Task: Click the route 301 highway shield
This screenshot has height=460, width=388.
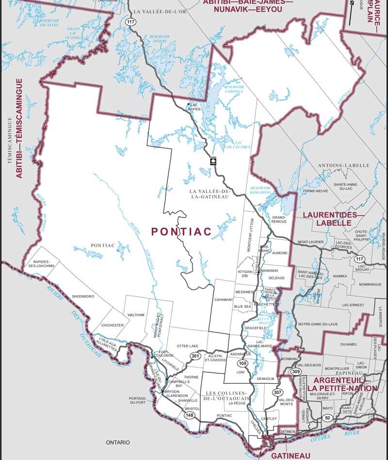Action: click(195, 357)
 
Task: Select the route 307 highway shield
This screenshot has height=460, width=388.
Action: click(277, 392)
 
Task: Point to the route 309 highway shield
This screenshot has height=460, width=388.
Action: click(296, 371)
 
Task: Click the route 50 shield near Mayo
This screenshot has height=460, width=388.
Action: click(327, 418)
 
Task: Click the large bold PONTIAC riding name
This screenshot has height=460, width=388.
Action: click(181, 232)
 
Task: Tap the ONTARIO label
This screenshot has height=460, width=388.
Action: click(118, 442)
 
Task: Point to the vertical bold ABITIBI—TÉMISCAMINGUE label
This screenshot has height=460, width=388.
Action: click(19, 128)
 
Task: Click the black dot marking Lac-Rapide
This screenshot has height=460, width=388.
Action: click(189, 104)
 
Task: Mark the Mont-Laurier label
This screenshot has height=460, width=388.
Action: click(310, 241)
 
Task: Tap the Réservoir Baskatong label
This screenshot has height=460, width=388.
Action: click(260, 190)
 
